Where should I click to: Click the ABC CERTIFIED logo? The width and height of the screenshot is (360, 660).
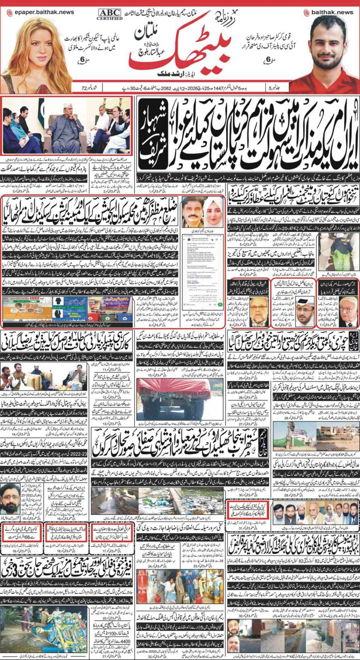pos(109,14)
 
